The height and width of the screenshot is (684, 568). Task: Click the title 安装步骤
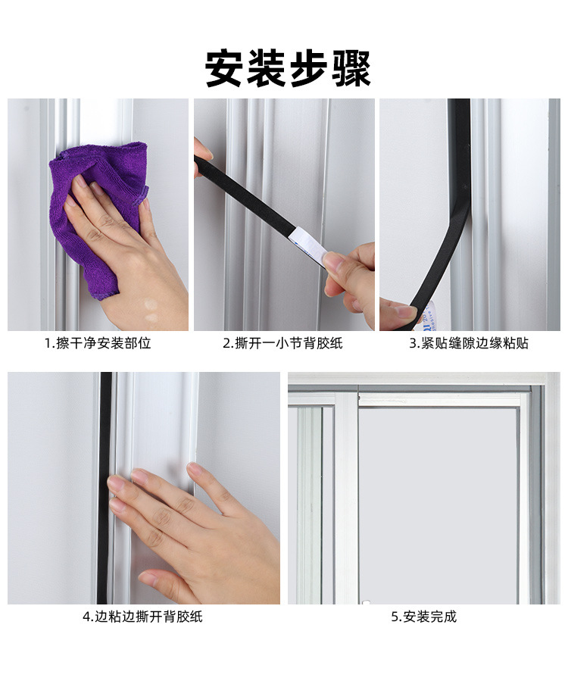[x=288, y=69]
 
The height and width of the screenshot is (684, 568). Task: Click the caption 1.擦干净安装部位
[x=98, y=343]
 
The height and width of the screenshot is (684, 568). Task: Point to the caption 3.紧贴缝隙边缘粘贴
[x=469, y=343]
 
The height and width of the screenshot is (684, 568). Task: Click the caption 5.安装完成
[x=423, y=617]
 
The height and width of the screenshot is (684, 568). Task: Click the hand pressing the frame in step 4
[x=197, y=530]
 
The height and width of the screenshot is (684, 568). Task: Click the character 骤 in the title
[x=350, y=69]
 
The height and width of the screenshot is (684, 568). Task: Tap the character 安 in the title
[x=226, y=69]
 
